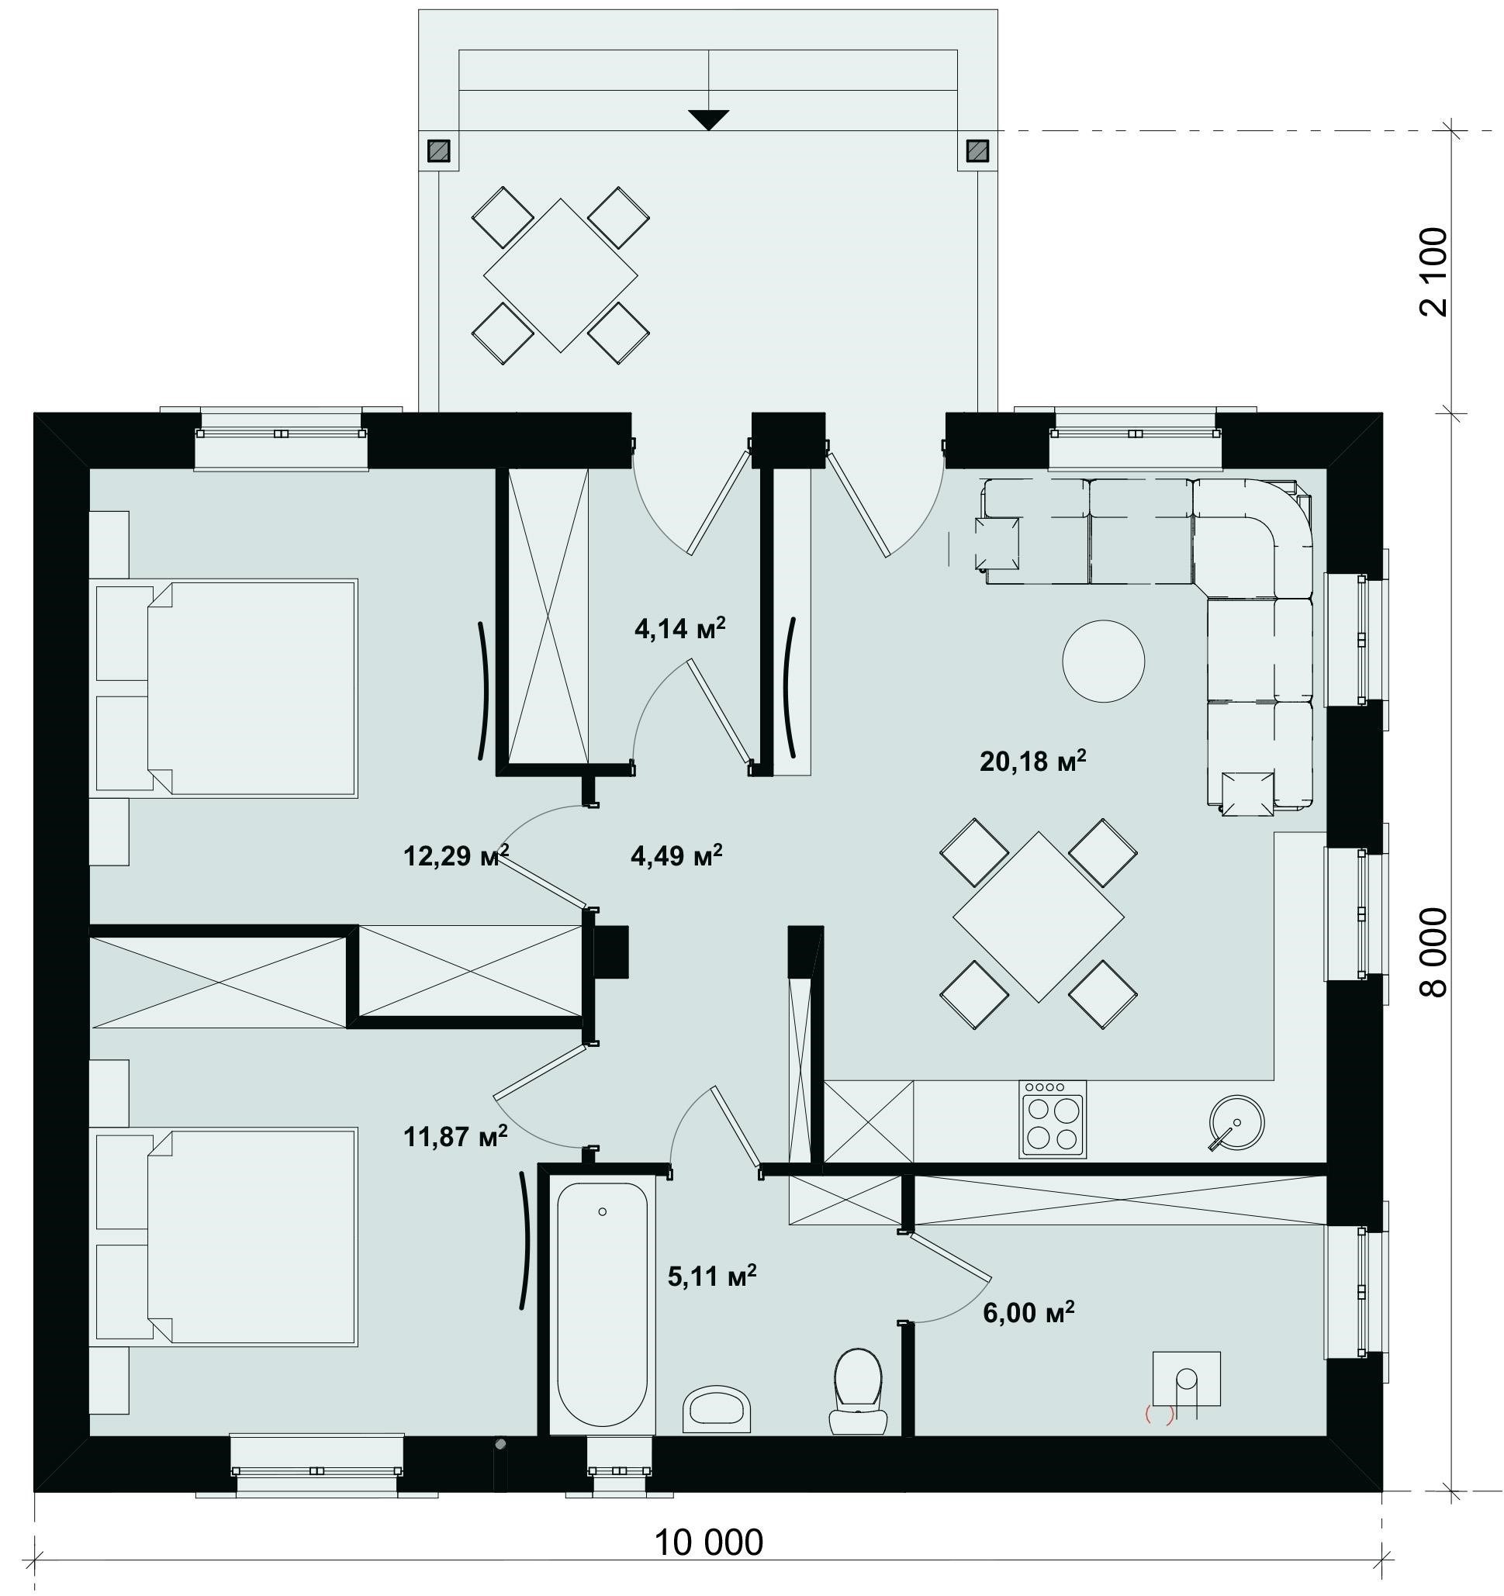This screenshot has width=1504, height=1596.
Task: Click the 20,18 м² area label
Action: click(x=1032, y=760)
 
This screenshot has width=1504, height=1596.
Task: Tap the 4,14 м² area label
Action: click(x=680, y=628)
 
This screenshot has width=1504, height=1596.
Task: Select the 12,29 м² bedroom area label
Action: click(x=455, y=856)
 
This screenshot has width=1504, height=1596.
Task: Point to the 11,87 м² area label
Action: click(x=455, y=1136)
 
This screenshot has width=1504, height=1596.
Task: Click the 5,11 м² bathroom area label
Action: click(x=712, y=1276)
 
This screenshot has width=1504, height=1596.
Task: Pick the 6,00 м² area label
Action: click(x=1029, y=1312)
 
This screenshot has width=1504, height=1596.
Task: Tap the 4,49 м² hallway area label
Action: click(x=677, y=856)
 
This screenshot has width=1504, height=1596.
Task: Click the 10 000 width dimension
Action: click(x=709, y=1542)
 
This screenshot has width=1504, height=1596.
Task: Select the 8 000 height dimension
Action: click(x=1434, y=953)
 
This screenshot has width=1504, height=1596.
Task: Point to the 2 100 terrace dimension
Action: click(x=1434, y=272)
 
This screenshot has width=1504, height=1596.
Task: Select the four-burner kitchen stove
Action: click(x=1053, y=1119)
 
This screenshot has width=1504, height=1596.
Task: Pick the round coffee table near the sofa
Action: click(x=1103, y=662)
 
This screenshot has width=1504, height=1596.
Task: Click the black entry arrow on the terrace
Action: click(x=709, y=119)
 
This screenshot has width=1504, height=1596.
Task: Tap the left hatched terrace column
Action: click(x=438, y=150)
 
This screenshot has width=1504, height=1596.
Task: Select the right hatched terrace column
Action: click(x=978, y=150)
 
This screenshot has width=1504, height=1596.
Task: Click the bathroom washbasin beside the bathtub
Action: click(x=717, y=1409)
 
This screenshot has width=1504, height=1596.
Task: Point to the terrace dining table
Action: click(x=561, y=275)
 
